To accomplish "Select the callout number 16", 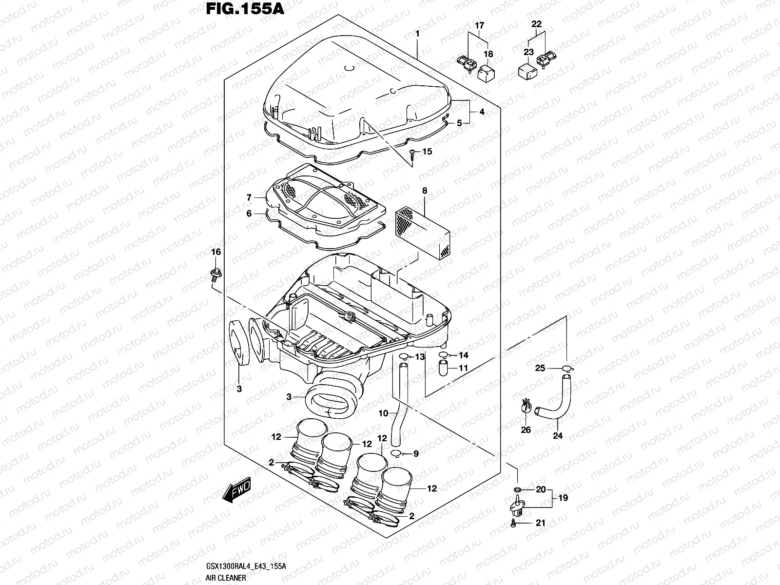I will tap(215, 252).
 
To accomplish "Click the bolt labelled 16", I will tap(214, 274).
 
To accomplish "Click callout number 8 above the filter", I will tap(425, 191).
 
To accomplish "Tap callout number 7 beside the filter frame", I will tap(249, 197).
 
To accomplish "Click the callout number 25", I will tap(540, 369).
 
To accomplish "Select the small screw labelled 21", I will tap(514, 523).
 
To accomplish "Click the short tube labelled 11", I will tap(444, 368).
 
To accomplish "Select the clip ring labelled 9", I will tap(398, 454).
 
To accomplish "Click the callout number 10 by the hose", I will tap(383, 413).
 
